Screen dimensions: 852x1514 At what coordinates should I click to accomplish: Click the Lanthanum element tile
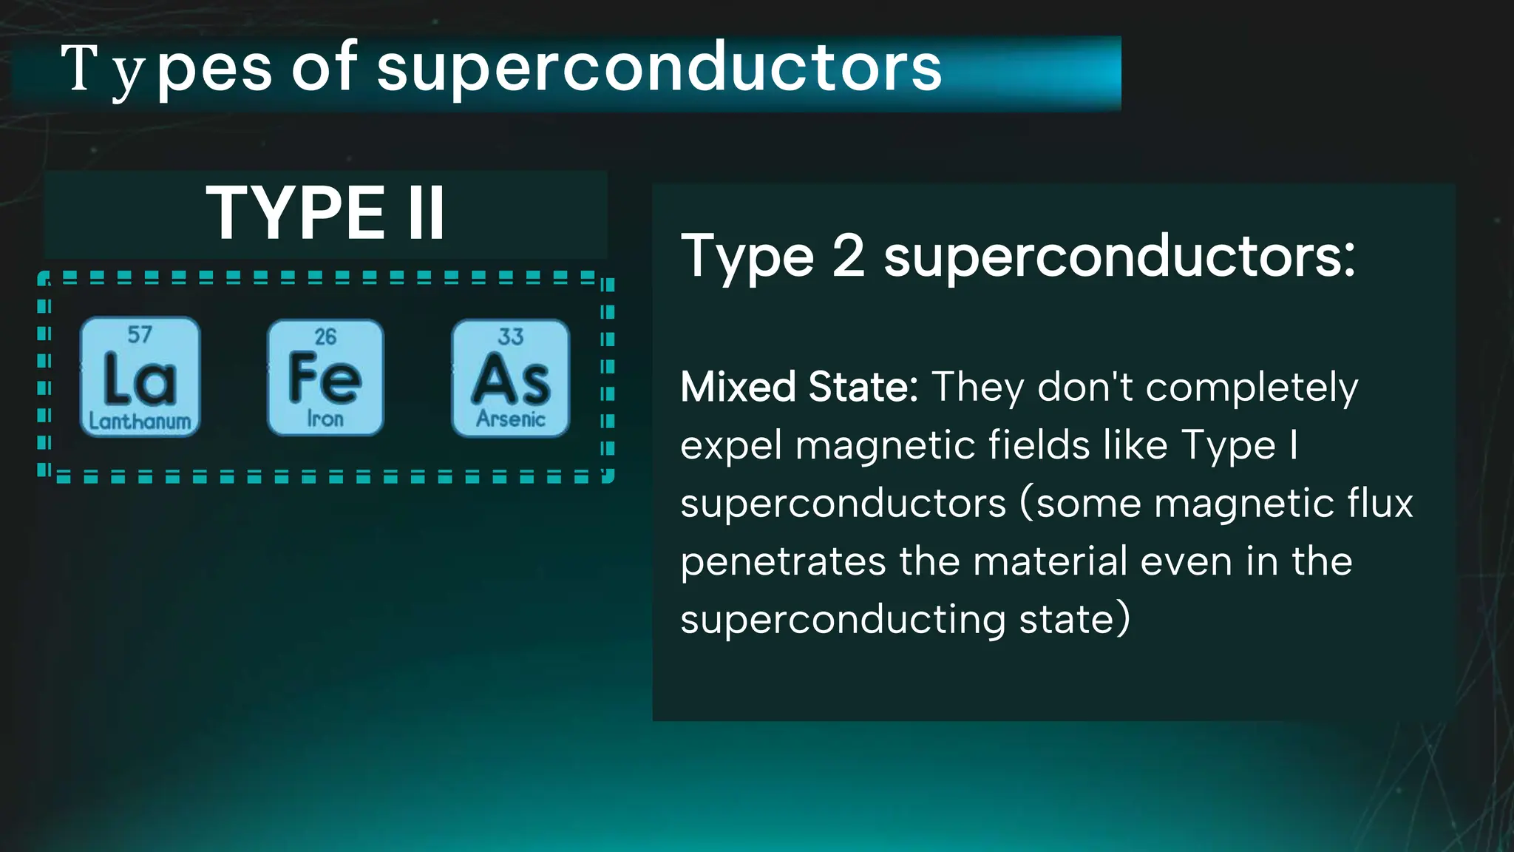140,377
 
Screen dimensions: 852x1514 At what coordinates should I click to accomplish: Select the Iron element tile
325,377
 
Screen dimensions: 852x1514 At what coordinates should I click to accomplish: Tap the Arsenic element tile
511,377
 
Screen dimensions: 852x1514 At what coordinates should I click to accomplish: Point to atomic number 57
140,335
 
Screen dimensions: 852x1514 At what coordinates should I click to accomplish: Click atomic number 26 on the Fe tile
325,337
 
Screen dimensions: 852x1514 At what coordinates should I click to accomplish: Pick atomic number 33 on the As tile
511,337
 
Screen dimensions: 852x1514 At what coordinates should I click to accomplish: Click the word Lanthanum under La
140,422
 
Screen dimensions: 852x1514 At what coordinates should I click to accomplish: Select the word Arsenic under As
511,419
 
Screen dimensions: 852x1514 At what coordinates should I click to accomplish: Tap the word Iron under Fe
325,419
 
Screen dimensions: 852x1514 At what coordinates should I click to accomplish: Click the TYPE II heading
325,213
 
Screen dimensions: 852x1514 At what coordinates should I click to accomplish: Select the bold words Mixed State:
799,387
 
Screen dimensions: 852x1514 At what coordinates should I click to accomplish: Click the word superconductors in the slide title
659,69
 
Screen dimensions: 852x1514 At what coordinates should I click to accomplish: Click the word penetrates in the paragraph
783,562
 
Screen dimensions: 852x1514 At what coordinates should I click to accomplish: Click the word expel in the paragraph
731,446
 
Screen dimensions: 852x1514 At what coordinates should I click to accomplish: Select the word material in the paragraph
1050,561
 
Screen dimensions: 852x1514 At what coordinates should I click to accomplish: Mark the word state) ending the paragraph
1075,619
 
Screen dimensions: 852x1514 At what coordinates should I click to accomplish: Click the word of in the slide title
324,69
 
